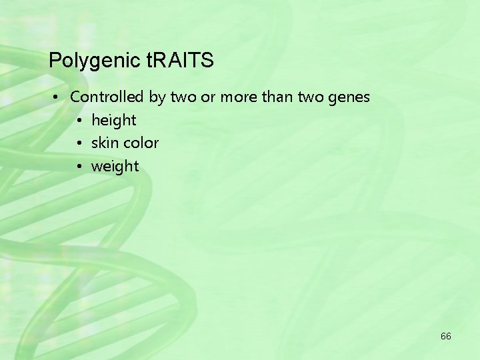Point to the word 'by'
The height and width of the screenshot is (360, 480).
tap(157, 97)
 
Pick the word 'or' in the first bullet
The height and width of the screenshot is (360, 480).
tap(208, 97)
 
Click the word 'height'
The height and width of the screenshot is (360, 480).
tap(113, 121)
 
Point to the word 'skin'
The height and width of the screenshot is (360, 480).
tap(104, 143)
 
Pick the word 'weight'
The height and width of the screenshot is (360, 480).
tap(115, 167)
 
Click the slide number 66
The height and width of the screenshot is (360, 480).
tap(445, 336)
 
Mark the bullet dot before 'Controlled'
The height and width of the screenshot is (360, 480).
tap(59, 97)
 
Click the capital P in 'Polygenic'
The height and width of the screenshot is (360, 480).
tap(55, 61)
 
